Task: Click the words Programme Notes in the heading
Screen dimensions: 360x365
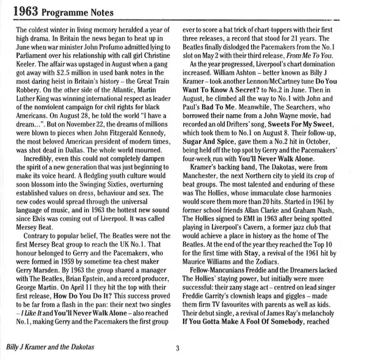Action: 78,10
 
